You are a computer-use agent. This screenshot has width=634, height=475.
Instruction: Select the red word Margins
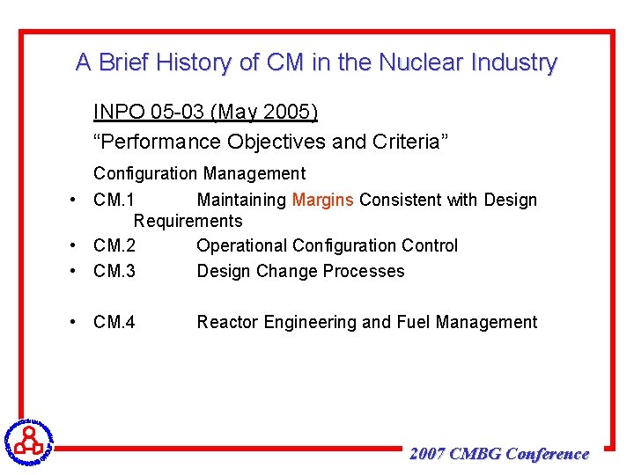pyautogui.click(x=323, y=200)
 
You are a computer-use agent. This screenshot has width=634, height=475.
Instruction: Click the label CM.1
pyautogui.click(x=114, y=200)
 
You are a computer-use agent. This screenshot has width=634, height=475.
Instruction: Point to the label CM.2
pyautogui.click(x=114, y=245)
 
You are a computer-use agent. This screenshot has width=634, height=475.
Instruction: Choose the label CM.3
pyautogui.click(x=114, y=271)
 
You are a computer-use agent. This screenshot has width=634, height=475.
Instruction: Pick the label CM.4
pyautogui.click(x=114, y=322)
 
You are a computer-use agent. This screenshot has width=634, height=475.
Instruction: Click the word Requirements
pyautogui.click(x=188, y=221)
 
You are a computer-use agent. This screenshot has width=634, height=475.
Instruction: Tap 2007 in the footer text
pyautogui.click(x=427, y=454)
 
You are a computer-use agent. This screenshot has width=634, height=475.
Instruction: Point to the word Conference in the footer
pyautogui.click(x=548, y=454)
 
